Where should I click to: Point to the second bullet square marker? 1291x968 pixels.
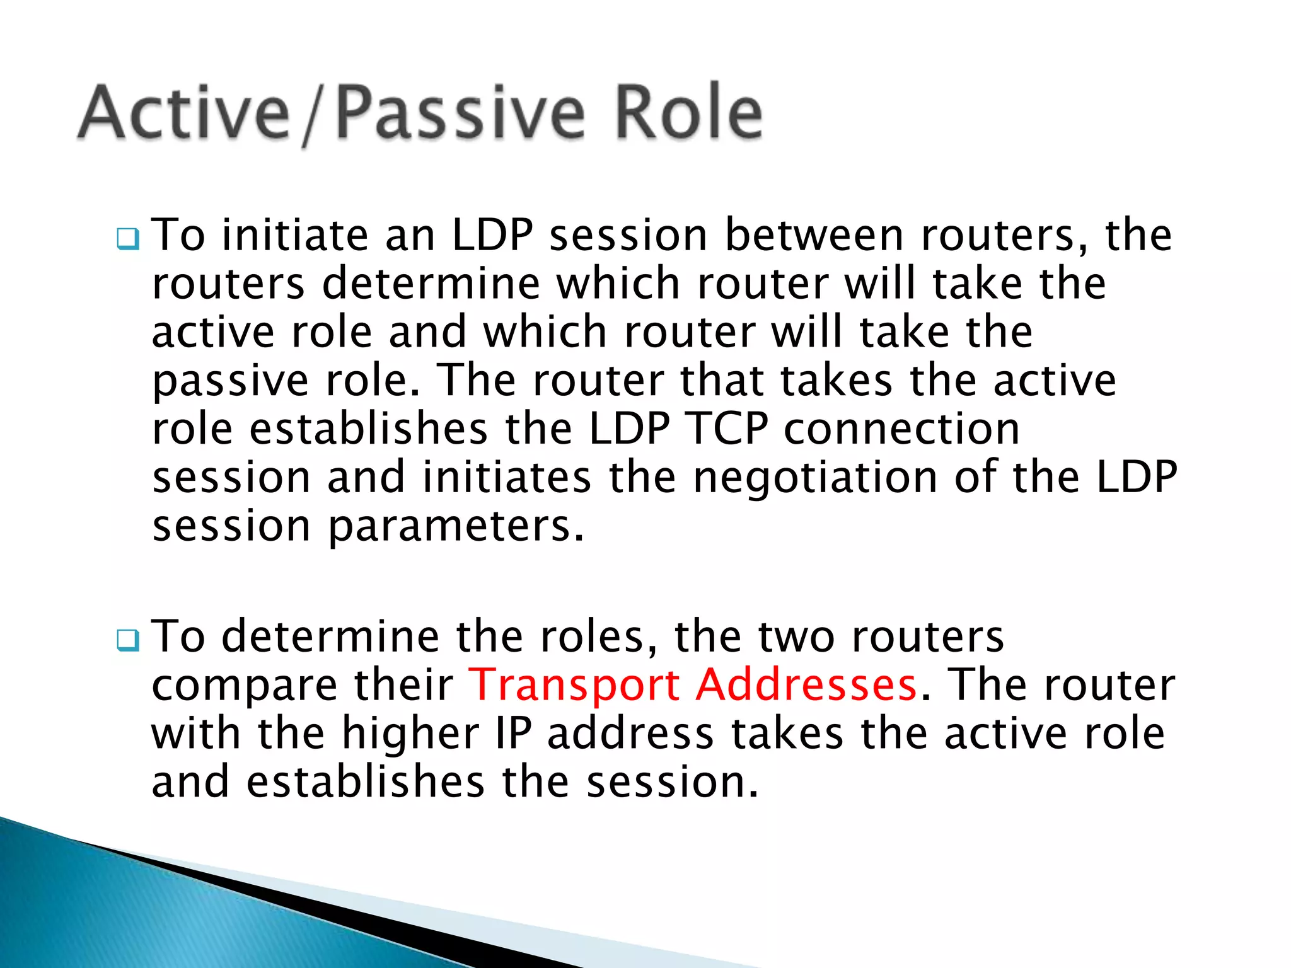pyautogui.click(x=128, y=640)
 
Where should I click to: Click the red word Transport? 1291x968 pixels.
pyautogui.click(x=574, y=685)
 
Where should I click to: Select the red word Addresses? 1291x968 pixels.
pyautogui.click(x=806, y=685)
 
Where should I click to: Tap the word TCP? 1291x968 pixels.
pyautogui.click(x=727, y=429)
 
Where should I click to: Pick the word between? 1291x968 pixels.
pyautogui.click(x=814, y=235)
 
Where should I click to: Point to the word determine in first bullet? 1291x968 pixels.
pyautogui.click(x=431, y=284)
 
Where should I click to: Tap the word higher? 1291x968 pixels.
pyautogui.click(x=410, y=734)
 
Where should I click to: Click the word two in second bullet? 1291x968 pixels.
pyautogui.click(x=796, y=637)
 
